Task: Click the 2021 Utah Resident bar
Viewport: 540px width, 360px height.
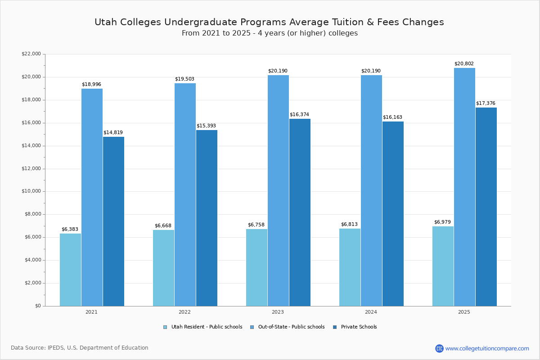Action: click(70, 270)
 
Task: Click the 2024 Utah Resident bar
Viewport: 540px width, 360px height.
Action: click(350, 267)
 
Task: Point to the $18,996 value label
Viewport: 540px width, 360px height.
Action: click(91, 84)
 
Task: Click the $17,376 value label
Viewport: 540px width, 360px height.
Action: click(486, 103)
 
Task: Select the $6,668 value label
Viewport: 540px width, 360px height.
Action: click(163, 225)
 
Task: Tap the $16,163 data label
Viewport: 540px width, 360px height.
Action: click(392, 117)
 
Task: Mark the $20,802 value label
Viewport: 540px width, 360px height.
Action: click(464, 64)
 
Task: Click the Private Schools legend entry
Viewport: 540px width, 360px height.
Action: click(358, 327)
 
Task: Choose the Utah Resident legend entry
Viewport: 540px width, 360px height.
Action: click(206, 327)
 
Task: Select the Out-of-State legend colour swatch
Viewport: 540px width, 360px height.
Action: click(252, 327)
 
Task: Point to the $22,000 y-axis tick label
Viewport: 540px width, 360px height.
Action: click(31, 54)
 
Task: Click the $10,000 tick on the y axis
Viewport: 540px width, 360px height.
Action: click(31, 191)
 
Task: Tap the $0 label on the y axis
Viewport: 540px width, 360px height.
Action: click(37, 306)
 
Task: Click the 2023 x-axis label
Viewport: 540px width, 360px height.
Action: click(278, 312)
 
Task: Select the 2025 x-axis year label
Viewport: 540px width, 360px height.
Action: click(464, 312)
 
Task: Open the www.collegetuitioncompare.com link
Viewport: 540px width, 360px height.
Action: click(487, 348)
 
